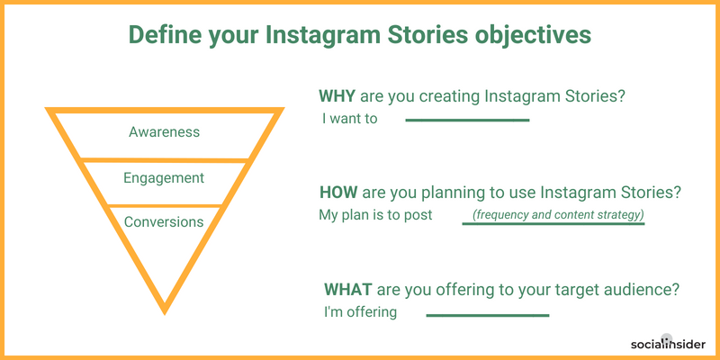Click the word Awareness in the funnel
(164, 132)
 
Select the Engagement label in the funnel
(164, 178)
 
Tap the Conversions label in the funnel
(164, 221)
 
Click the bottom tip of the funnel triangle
(165, 314)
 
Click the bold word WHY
(337, 97)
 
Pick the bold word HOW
(338, 193)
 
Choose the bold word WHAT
(347, 290)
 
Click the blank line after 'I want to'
(467, 121)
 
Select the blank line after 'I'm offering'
(488, 316)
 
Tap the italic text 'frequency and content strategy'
(558, 215)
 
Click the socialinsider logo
(668, 344)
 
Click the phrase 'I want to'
(349, 119)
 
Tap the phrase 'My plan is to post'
(375, 215)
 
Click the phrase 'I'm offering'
(361, 312)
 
